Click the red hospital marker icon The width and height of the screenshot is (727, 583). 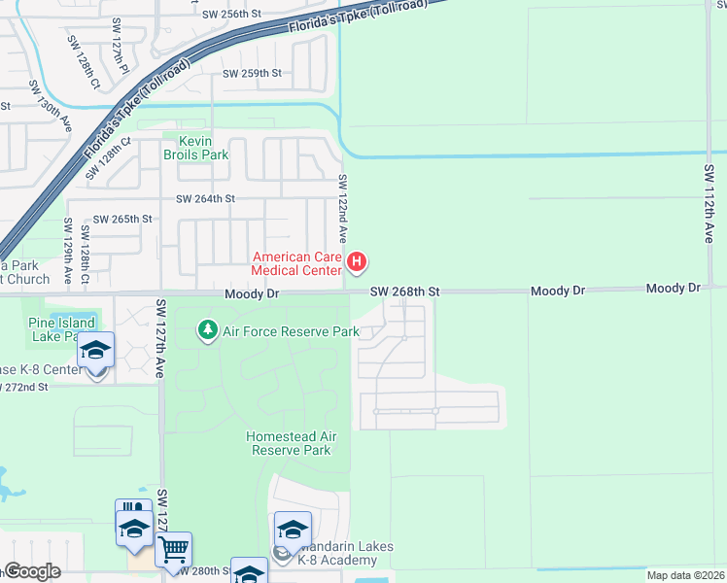pyautogui.click(x=357, y=261)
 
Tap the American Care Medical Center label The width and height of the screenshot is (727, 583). pyautogui.click(x=297, y=263)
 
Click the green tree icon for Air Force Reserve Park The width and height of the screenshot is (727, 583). pyautogui.click(x=207, y=331)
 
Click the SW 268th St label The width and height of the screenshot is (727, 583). pyautogui.click(x=405, y=291)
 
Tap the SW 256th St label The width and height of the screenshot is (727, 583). pyautogui.click(x=232, y=15)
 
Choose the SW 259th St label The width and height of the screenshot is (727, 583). pyautogui.click(x=252, y=74)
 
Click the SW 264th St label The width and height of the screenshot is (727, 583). pyautogui.click(x=205, y=199)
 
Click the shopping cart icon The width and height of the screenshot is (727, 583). pyautogui.click(x=173, y=550)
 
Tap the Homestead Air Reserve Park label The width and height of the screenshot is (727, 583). pyautogui.click(x=289, y=443)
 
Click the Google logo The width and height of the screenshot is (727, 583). pyautogui.click(x=31, y=571)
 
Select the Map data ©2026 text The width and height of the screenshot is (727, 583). pyautogui.click(x=684, y=575)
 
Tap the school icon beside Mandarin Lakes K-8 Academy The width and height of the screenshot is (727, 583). pyautogui.click(x=292, y=530)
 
